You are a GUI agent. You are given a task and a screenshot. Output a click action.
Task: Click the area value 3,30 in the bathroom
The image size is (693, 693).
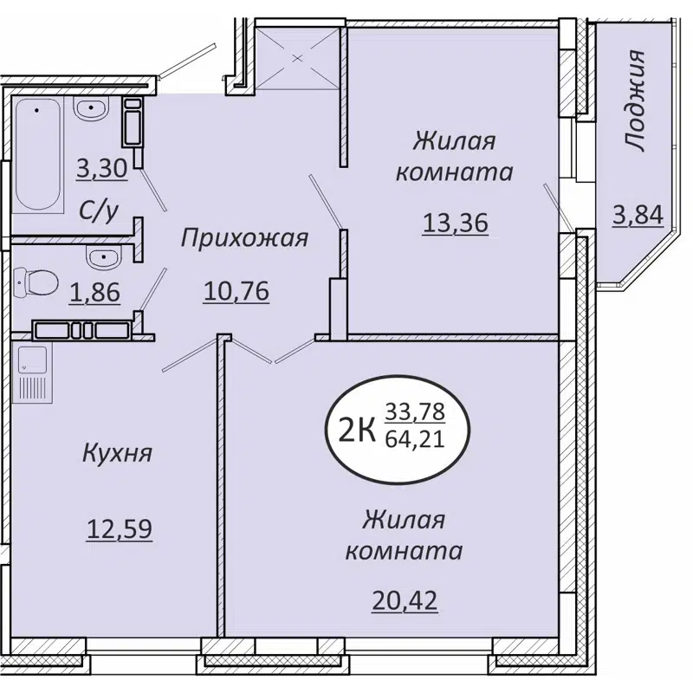pos(101,167)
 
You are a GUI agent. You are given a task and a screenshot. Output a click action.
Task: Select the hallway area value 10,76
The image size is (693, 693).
pos(236,292)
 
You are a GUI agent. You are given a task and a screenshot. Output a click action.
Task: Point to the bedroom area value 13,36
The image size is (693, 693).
pos(456,223)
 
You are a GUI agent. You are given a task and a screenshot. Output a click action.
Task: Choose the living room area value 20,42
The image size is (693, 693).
pos(405,599)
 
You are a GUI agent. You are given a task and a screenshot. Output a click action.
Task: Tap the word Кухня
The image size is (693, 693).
pos(118,452)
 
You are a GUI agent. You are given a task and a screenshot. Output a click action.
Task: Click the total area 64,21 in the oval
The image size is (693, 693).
pos(414,438)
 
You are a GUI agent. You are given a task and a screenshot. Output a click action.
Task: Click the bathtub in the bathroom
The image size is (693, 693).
pos(40,156)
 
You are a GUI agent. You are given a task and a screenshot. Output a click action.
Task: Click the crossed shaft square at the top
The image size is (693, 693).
pos(299,58)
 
